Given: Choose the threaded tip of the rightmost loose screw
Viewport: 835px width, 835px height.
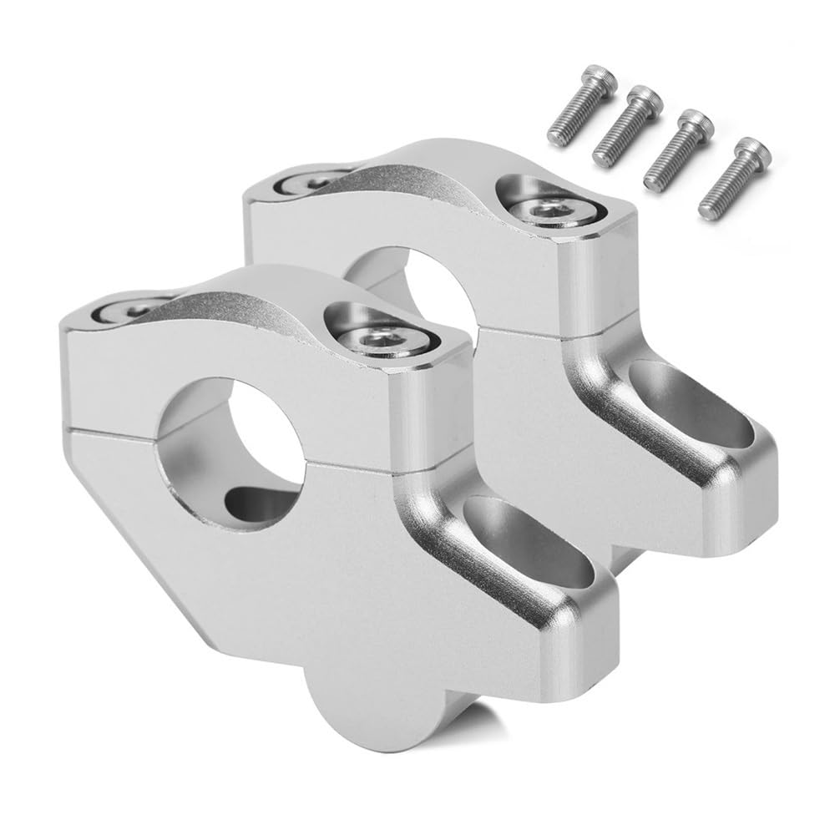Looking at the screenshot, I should click(x=706, y=200).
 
